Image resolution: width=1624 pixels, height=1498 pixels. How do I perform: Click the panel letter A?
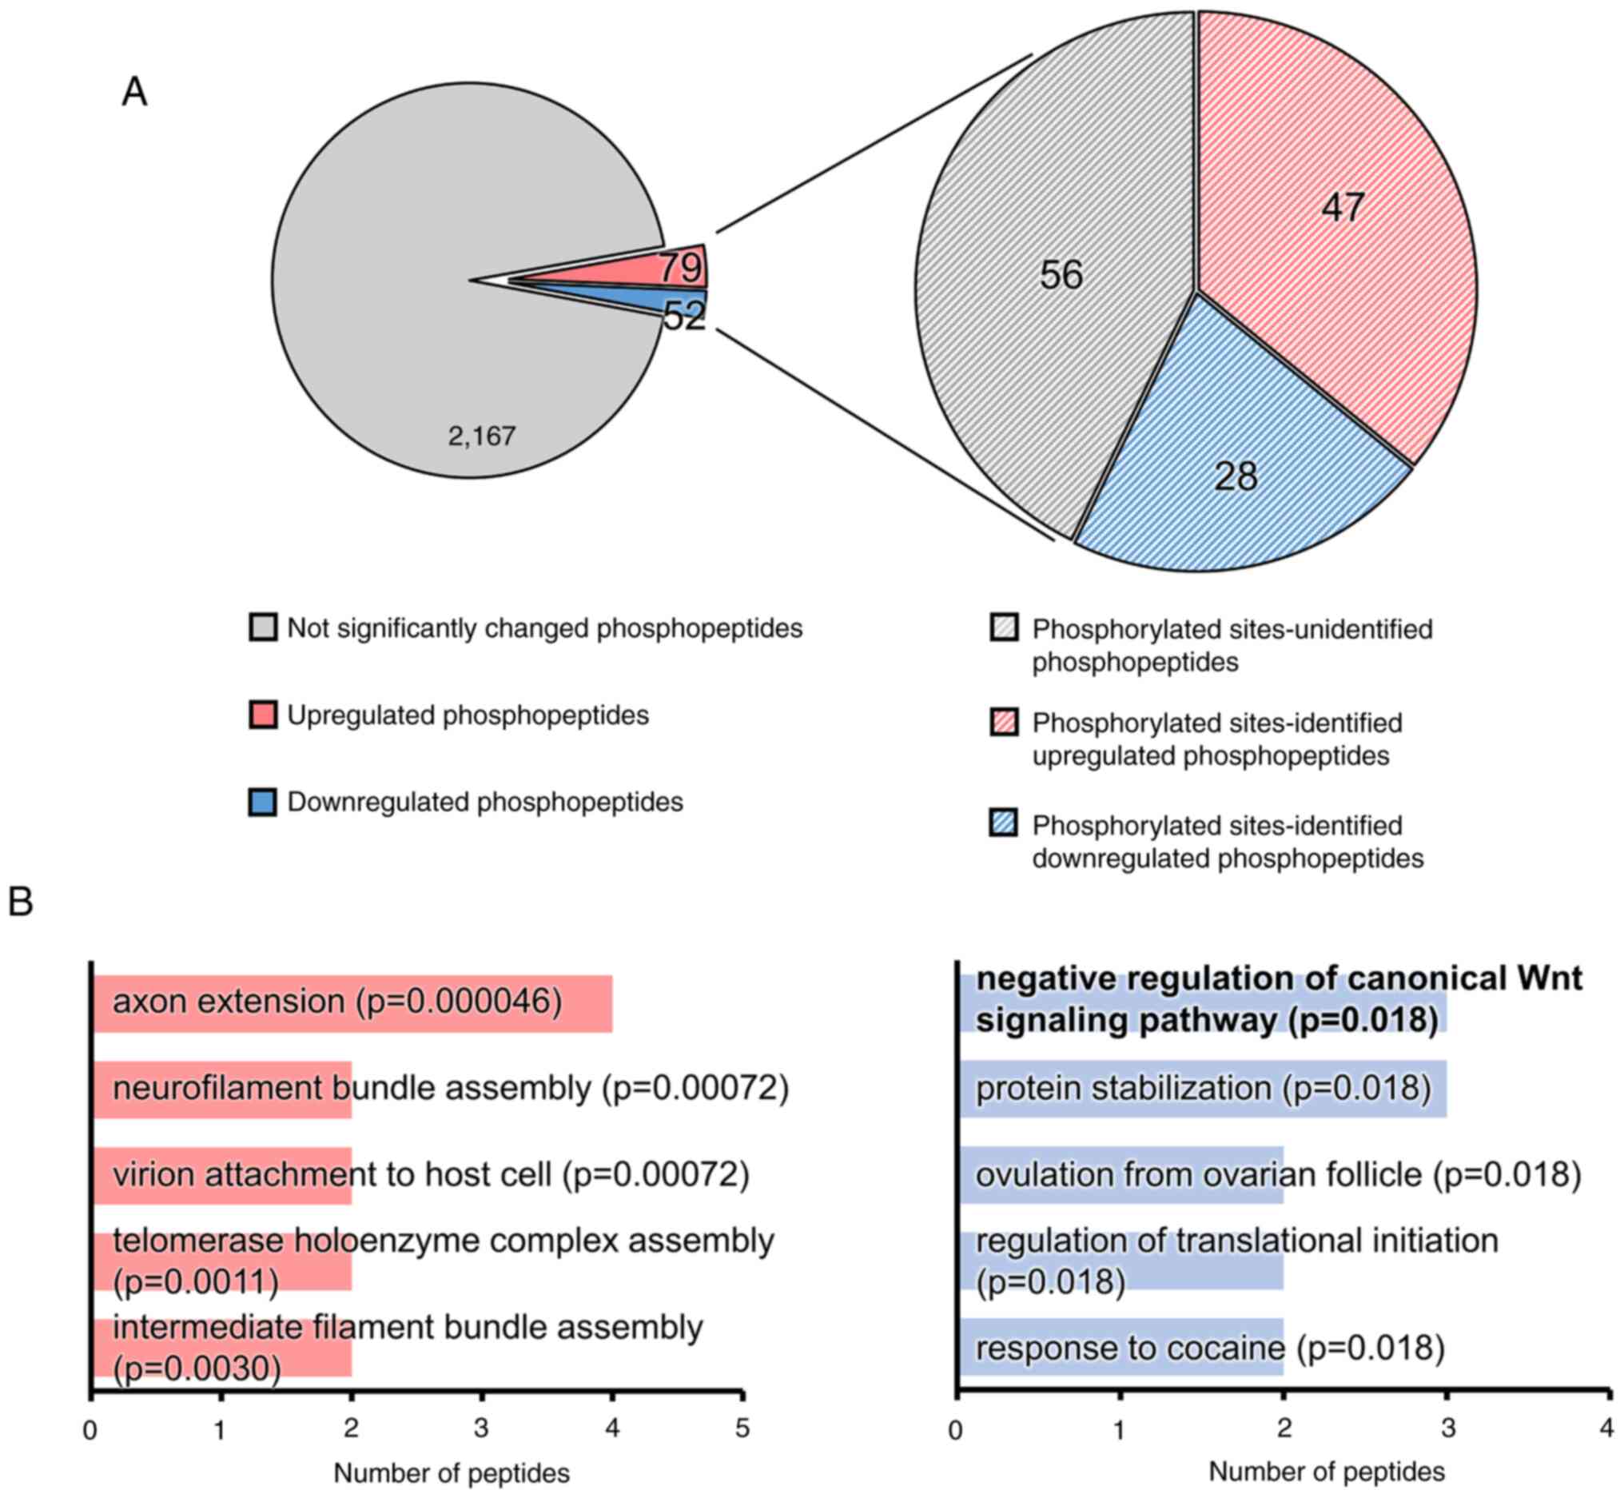coord(134,92)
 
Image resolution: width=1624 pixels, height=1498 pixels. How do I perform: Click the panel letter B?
coord(20,902)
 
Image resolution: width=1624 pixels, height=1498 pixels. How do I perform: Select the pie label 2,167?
coord(481,437)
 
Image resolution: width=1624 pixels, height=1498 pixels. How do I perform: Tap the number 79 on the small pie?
coord(680,268)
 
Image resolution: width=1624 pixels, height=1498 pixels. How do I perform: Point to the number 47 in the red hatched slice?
coord(1343,208)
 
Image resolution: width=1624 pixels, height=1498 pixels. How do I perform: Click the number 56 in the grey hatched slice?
coord(1061,275)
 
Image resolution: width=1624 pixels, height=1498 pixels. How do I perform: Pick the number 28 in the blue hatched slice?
coord(1235,476)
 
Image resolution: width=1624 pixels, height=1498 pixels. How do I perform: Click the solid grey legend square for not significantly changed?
coord(263,628)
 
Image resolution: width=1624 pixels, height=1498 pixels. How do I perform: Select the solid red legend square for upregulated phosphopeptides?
coord(263,715)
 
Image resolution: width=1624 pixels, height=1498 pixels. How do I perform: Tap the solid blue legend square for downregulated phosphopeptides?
coord(263,802)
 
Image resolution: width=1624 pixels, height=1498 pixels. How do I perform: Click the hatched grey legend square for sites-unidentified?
coord(1004,628)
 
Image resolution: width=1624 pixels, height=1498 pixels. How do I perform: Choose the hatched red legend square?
coord(1004,723)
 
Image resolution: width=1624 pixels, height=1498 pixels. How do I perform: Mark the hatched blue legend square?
coord(1004,823)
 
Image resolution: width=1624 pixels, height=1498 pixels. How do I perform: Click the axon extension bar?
coord(352,1003)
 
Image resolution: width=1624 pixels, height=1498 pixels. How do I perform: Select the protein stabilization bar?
coord(1203,1089)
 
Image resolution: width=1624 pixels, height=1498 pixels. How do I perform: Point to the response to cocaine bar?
coord(1121,1348)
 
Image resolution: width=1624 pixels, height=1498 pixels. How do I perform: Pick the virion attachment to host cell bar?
coord(222,1175)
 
